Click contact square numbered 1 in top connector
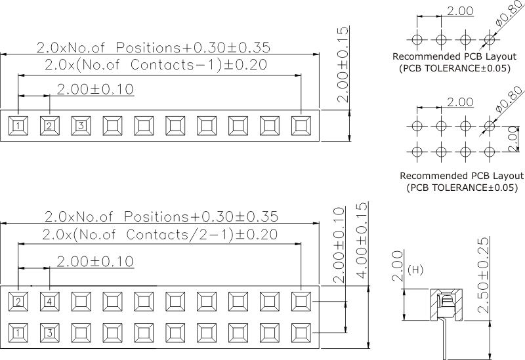(x=18, y=125)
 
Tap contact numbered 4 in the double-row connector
(x=50, y=302)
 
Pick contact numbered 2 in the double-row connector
(x=18, y=302)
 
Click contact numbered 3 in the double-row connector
(x=50, y=332)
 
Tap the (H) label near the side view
(x=415, y=270)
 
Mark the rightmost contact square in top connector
(x=301, y=125)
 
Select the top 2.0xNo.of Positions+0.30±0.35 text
(x=153, y=48)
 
